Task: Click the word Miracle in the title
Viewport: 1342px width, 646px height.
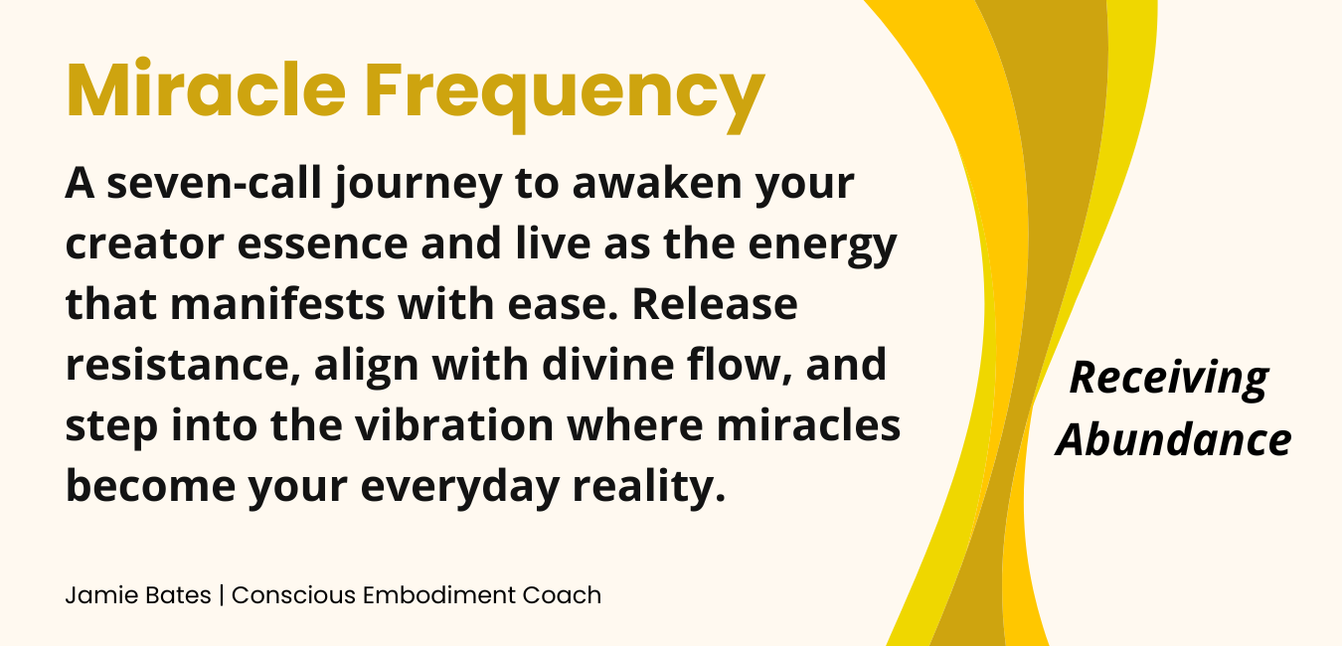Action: pyautogui.click(x=206, y=89)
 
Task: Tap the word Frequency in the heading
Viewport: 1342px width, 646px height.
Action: pyautogui.click(x=564, y=95)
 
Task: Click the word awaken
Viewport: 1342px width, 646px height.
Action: pyautogui.click(x=657, y=183)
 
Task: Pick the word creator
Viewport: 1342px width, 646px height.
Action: pyautogui.click(x=145, y=244)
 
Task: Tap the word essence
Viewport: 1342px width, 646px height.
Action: pyautogui.click(x=323, y=245)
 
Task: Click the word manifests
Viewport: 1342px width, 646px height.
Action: pyautogui.click(x=277, y=304)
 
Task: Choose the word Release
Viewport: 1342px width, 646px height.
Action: pyautogui.click(x=715, y=304)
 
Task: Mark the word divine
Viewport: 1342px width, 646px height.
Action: pyautogui.click(x=608, y=364)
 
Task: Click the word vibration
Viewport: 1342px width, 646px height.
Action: pyautogui.click(x=454, y=424)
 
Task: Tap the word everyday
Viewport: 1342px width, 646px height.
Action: pyautogui.click(x=460, y=487)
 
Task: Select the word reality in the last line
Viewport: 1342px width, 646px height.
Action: pyautogui.click(x=649, y=487)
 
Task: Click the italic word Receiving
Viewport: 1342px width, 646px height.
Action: pyautogui.click(x=1169, y=380)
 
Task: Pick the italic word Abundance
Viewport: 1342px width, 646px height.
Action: pyautogui.click(x=1174, y=440)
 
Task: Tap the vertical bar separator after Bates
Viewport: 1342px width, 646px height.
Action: pyautogui.click(x=222, y=595)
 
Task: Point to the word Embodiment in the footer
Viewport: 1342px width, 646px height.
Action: pyautogui.click(x=439, y=595)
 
